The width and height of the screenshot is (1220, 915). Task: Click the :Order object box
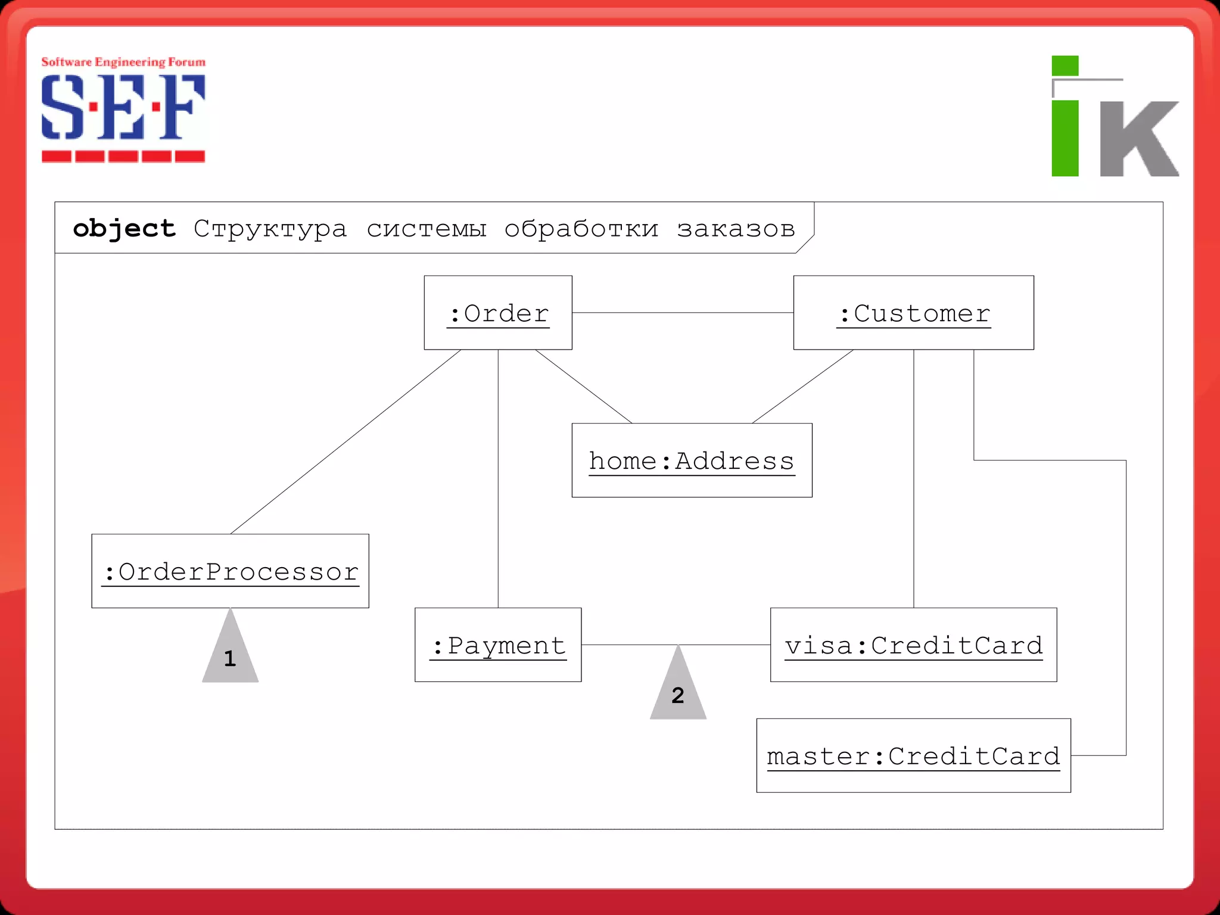coord(498,313)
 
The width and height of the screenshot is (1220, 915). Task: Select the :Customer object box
coord(913,313)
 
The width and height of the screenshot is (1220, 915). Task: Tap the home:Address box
coord(692,460)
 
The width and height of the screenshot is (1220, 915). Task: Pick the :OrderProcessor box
coord(230,571)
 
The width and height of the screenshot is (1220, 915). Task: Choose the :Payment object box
coord(498,645)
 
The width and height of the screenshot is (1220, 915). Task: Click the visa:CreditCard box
coord(913,645)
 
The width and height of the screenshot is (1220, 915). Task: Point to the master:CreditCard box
coord(913,755)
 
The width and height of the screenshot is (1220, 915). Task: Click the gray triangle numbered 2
coord(678,691)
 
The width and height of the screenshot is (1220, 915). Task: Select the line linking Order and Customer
coord(683,313)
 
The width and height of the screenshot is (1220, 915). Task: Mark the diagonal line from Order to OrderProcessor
coord(346,442)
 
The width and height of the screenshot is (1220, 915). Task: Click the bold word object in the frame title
coord(124,229)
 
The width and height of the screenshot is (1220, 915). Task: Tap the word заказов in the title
coord(736,229)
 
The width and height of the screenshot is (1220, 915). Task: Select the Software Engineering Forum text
coord(123,62)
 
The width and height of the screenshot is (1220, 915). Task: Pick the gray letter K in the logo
coord(1138,138)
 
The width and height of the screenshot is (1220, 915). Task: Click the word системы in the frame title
coord(426,229)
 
